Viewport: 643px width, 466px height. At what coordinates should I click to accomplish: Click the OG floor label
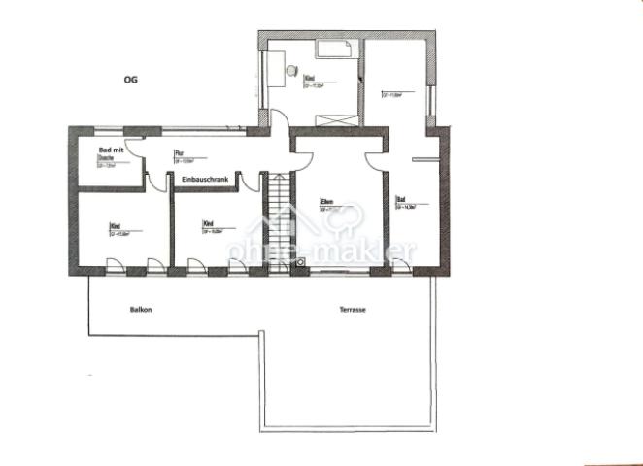(x=130, y=81)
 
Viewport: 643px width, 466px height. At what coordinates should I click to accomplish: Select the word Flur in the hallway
(x=179, y=153)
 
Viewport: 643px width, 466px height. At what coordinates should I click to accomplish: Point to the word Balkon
(x=142, y=310)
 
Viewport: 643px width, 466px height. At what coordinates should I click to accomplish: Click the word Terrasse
(x=352, y=310)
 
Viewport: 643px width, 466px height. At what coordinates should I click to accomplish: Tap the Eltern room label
(x=328, y=202)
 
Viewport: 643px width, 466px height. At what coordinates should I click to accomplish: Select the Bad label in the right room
(x=400, y=200)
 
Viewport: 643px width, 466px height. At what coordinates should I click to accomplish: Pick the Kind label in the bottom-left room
(x=115, y=225)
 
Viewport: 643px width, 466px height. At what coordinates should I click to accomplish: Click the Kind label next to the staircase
(x=207, y=224)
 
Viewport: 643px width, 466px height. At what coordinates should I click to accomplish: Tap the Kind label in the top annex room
(x=310, y=77)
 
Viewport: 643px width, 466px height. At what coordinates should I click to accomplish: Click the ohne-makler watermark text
(x=321, y=250)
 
